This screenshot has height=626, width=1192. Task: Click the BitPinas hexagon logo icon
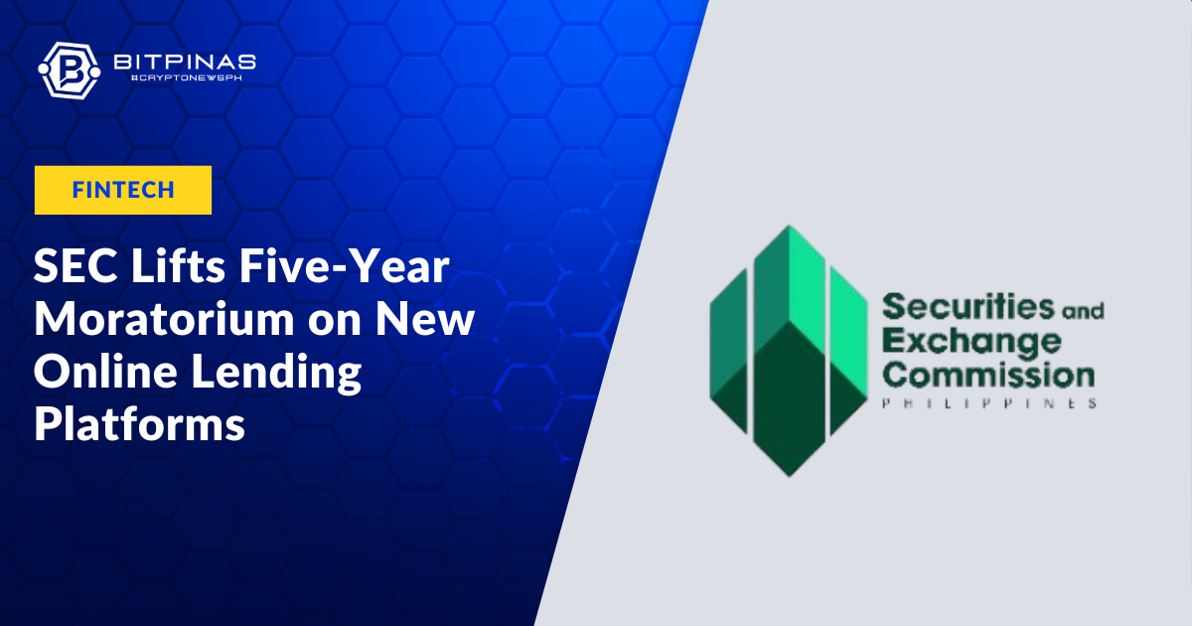click(x=70, y=71)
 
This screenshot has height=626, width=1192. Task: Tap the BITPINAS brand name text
click(x=185, y=63)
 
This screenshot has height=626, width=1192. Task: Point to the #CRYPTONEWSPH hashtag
click(x=187, y=78)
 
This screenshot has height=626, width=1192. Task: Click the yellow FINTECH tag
click(x=123, y=190)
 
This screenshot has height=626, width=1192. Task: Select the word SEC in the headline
click(x=75, y=266)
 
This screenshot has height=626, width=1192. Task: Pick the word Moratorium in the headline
click(x=164, y=319)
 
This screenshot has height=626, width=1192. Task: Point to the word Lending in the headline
click(x=277, y=373)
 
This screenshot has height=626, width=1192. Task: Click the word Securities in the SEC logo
click(x=968, y=307)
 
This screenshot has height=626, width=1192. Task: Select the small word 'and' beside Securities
click(x=1084, y=311)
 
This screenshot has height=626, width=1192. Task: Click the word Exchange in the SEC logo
click(x=971, y=343)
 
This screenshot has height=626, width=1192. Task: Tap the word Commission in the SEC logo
click(x=988, y=375)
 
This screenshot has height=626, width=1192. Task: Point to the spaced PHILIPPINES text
click(x=989, y=403)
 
